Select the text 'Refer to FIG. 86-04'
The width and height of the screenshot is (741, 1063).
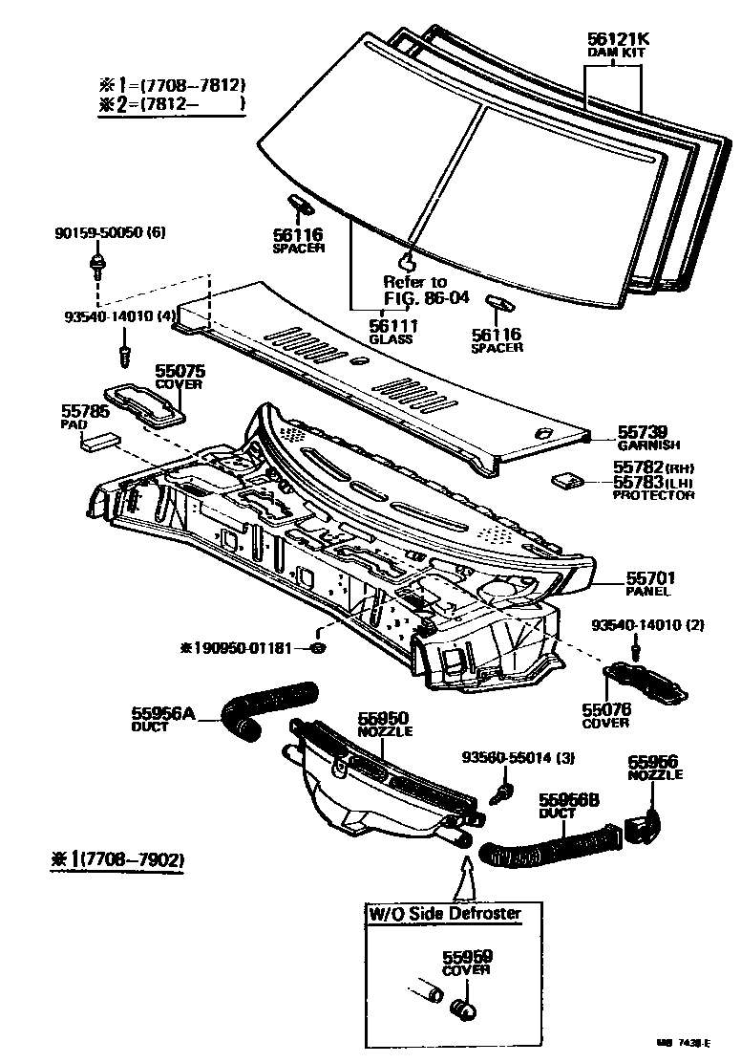pyautogui.click(x=414, y=289)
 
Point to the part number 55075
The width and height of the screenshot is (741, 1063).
pyautogui.click(x=179, y=370)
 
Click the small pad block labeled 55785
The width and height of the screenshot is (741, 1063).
pyautogui.click(x=100, y=440)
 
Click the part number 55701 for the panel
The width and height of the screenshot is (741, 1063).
pyautogui.click(x=651, y=577)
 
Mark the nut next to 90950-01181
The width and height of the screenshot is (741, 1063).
pyautogui.click(x=319, y=650)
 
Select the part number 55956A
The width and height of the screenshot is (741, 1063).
pyautogui.click(x=163, y=712)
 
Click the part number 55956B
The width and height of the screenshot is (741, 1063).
pyautogui.click(x=567, y=800)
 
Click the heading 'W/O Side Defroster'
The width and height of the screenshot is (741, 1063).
pyautogui.click(x=445, y=913)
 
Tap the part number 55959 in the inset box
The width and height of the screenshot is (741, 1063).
pyautogui.click(x=466, y=957)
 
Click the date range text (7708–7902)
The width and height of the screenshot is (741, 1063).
pyautogui.click(x=135, y=861)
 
